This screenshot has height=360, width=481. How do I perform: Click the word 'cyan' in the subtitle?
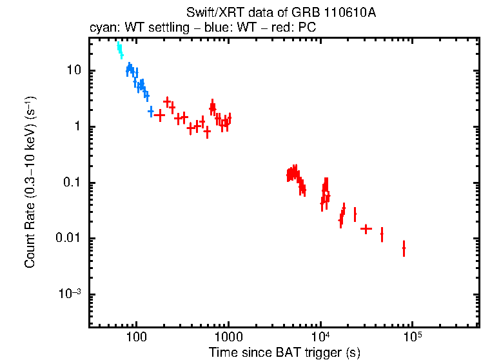(101, 28)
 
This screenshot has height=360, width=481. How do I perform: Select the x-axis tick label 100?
(136, 337)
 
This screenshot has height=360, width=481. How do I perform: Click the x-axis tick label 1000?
(228, 337)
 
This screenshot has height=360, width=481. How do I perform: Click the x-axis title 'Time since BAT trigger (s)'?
(284, 352)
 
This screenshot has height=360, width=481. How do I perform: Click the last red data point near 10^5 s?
(404, 248)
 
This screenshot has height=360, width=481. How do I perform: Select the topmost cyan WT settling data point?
(119, 46)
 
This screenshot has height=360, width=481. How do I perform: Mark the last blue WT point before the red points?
(151, 111)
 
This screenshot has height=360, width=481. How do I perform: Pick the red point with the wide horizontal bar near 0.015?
(366, 228)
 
